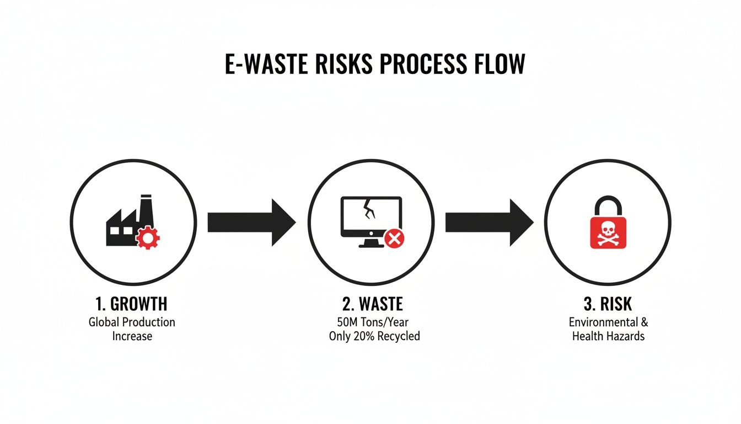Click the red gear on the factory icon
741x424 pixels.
(x=148, y=238)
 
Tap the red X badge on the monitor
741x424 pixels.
(x=394, y=239)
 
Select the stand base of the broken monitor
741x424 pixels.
(x=370, y=245)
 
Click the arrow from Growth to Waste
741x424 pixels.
(x=251, y=222)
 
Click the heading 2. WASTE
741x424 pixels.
(x=370, y=304)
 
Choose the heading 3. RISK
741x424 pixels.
(x=608, y=304)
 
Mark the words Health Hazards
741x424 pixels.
(x=608, y=336)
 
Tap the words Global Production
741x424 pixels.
(x=132, y=322)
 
